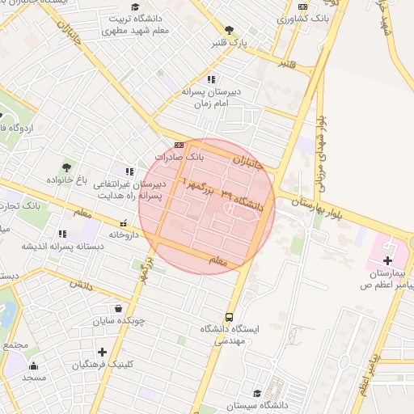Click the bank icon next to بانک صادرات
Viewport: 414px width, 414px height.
[179, 146]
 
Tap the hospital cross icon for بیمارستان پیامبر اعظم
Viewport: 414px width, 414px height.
[387, 261]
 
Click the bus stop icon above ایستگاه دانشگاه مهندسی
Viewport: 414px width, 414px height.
[230, 318]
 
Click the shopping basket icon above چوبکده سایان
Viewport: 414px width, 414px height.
[119, 308]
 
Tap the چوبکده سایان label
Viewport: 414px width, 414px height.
[119, 320]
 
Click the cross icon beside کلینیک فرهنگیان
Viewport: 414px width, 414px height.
[102, 352]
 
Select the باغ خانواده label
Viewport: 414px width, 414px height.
[66, 180]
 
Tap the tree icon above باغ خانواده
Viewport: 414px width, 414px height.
[66, 167]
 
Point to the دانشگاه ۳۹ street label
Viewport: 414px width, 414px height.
[243, 201]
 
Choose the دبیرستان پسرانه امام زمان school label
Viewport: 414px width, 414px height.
[212, 98]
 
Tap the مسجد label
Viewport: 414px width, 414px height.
[35, 378]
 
